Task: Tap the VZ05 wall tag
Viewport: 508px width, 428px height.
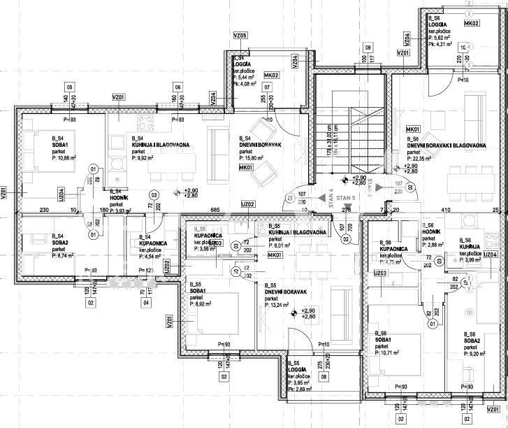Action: [x=240, y=35]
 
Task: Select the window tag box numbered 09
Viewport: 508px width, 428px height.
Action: [x=367, y=47]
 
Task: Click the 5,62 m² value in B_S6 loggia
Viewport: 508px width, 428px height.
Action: [x=441, y=38]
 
